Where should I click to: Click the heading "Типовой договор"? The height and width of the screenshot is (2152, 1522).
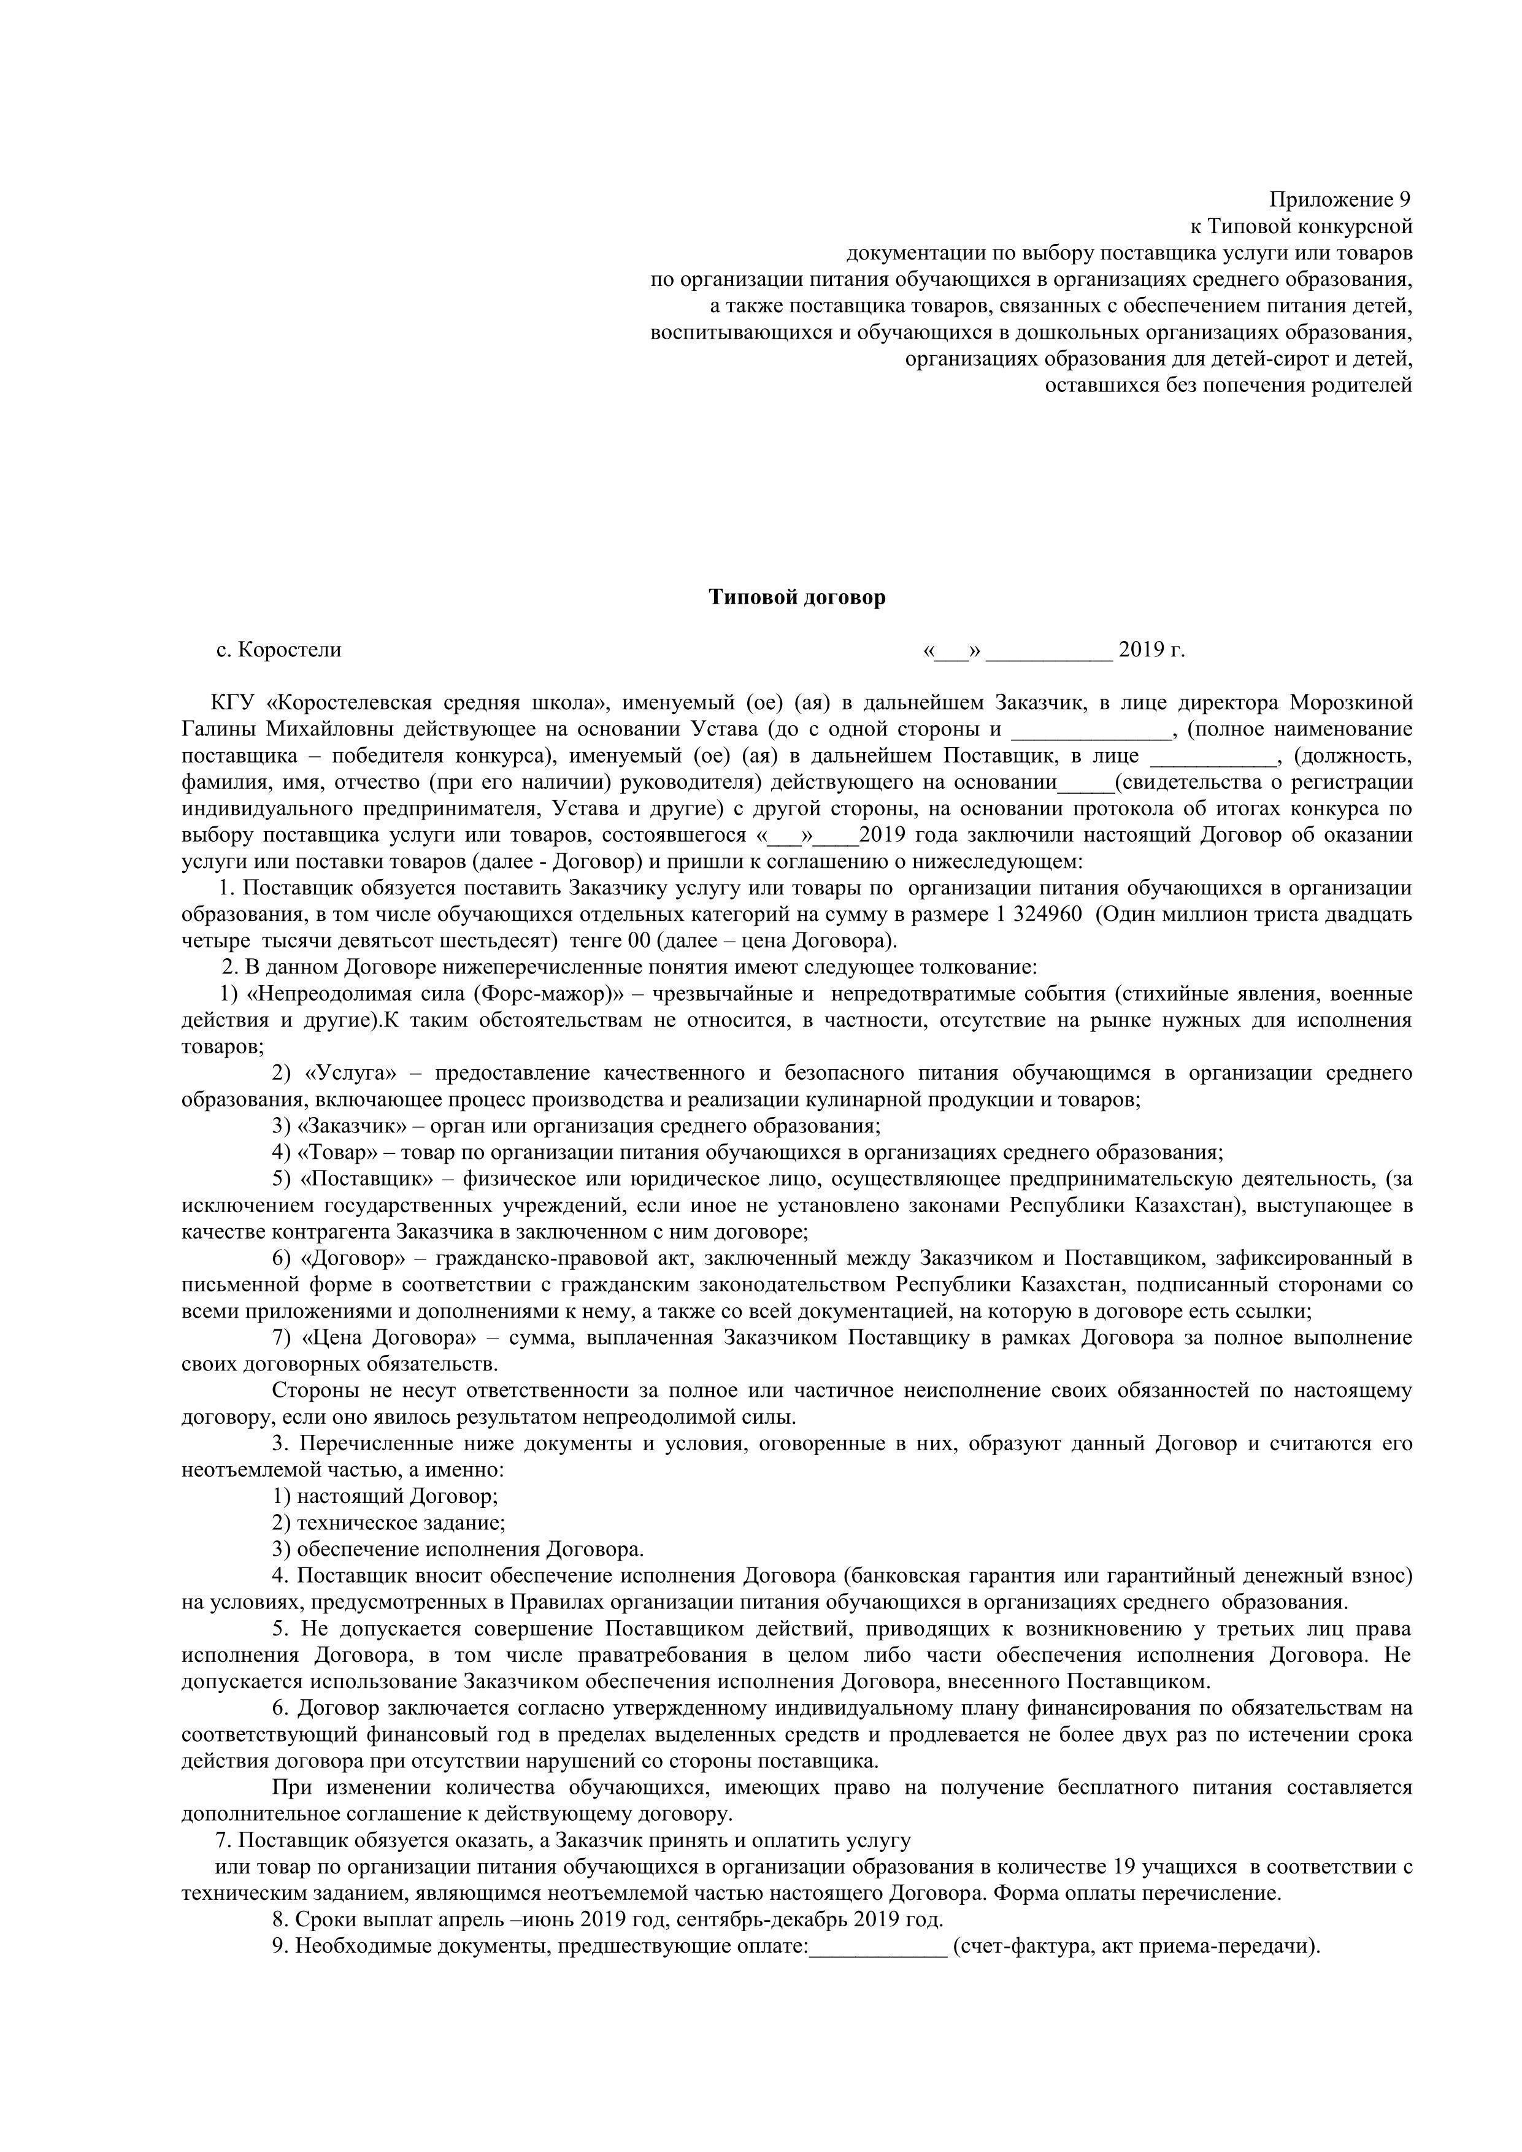(797, 597)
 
